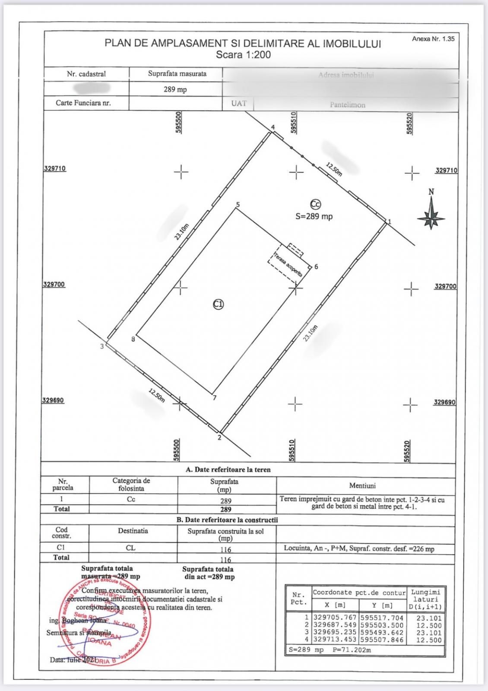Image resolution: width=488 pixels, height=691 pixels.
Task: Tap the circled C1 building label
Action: tap(219, 304)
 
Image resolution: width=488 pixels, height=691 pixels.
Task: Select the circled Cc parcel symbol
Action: tap(316, 205)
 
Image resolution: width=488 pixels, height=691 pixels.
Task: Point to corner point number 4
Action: tap(273, 128)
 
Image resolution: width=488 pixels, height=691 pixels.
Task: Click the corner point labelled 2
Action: tap(219, 437)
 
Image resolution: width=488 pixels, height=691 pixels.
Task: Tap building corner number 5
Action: tap(238, 205)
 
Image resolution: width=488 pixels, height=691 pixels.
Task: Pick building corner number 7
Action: tap(214, 398)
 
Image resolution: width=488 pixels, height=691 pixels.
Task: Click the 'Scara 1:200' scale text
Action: tap(243, 55)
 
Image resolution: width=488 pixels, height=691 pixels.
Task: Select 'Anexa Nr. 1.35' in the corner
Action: tap(433, 38)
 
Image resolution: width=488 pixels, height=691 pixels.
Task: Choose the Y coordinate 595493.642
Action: tap(381, 633)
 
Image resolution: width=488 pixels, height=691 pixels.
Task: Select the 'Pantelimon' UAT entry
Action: tap(347, 105)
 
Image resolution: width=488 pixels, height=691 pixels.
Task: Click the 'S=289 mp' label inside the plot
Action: tap(314, 216)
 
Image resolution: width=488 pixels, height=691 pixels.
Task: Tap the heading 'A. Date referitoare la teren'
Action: tap(228, 469)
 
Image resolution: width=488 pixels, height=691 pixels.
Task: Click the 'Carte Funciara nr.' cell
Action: tap(83, 103)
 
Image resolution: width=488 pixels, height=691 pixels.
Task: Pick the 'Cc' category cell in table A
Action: tap(131, 499)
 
